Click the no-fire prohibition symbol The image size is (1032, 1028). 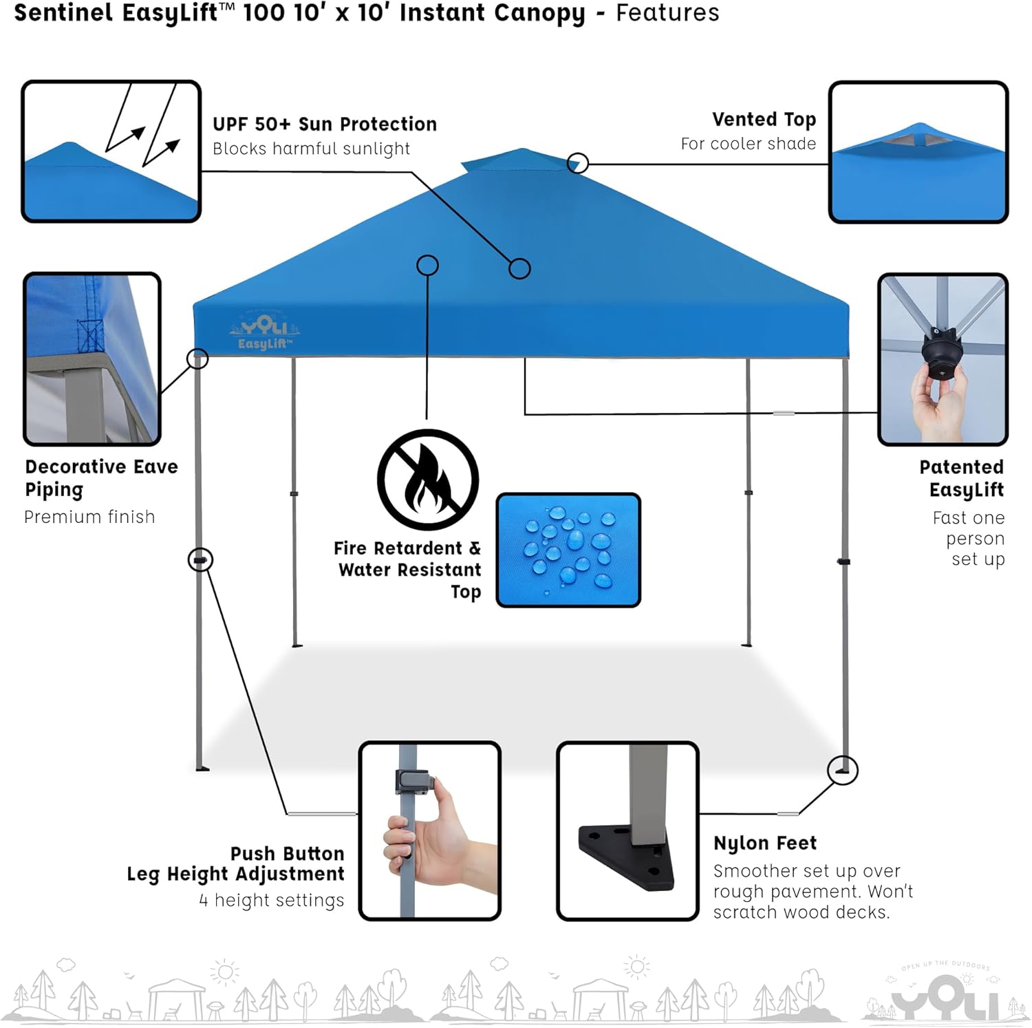(428, 480)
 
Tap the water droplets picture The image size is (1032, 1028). (568, 550)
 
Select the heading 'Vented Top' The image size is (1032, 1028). (764, 120)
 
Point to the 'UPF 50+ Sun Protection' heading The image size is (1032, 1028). (325, 124)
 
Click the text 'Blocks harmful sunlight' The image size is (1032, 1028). (311, 149)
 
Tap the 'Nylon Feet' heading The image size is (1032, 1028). (765, 844)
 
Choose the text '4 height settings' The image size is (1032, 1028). (272, 901)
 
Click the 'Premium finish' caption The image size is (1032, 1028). (89, 517)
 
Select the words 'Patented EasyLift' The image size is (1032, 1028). (963, 478)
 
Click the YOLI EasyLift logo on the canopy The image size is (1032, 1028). (265, 332)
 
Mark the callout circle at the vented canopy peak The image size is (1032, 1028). (578, 163)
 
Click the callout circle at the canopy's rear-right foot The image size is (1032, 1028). (842, 771)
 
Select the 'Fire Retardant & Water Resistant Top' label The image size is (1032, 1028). (407, 570)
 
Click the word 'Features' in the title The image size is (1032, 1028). (667, 13)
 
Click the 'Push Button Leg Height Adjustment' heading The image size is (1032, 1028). (235, 864)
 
